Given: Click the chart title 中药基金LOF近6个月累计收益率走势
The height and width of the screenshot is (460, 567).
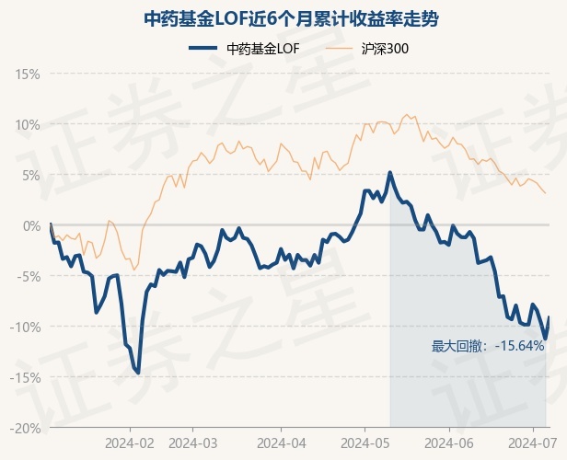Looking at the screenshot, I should [x=283, y=18].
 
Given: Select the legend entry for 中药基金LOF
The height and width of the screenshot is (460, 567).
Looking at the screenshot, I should [x=244, y=49].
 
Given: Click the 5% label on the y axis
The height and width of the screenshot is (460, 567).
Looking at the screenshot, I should [x=31, y=175].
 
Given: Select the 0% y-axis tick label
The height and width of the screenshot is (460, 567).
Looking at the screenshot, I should [x=31, y=225].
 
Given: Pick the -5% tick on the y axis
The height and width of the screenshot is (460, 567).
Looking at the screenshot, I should [x=29, y=276].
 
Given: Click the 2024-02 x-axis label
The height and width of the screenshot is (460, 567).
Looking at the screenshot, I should [x=129, y=442].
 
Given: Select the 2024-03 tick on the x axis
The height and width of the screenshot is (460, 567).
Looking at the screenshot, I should [x=192, y=442].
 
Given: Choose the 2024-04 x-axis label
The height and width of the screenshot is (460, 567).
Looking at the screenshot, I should [x=280, y=442].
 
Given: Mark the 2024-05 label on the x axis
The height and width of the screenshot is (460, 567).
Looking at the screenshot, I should [x=364, y=442].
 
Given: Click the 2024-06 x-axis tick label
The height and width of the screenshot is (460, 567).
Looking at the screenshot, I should [x=448, y=442].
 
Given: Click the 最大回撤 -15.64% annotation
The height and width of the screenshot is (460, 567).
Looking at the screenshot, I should [x=488, y=347].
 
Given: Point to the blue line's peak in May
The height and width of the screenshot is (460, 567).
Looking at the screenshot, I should [x=389, y=172].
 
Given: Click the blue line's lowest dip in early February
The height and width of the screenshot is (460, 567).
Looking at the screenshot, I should [x=138, y=373].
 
